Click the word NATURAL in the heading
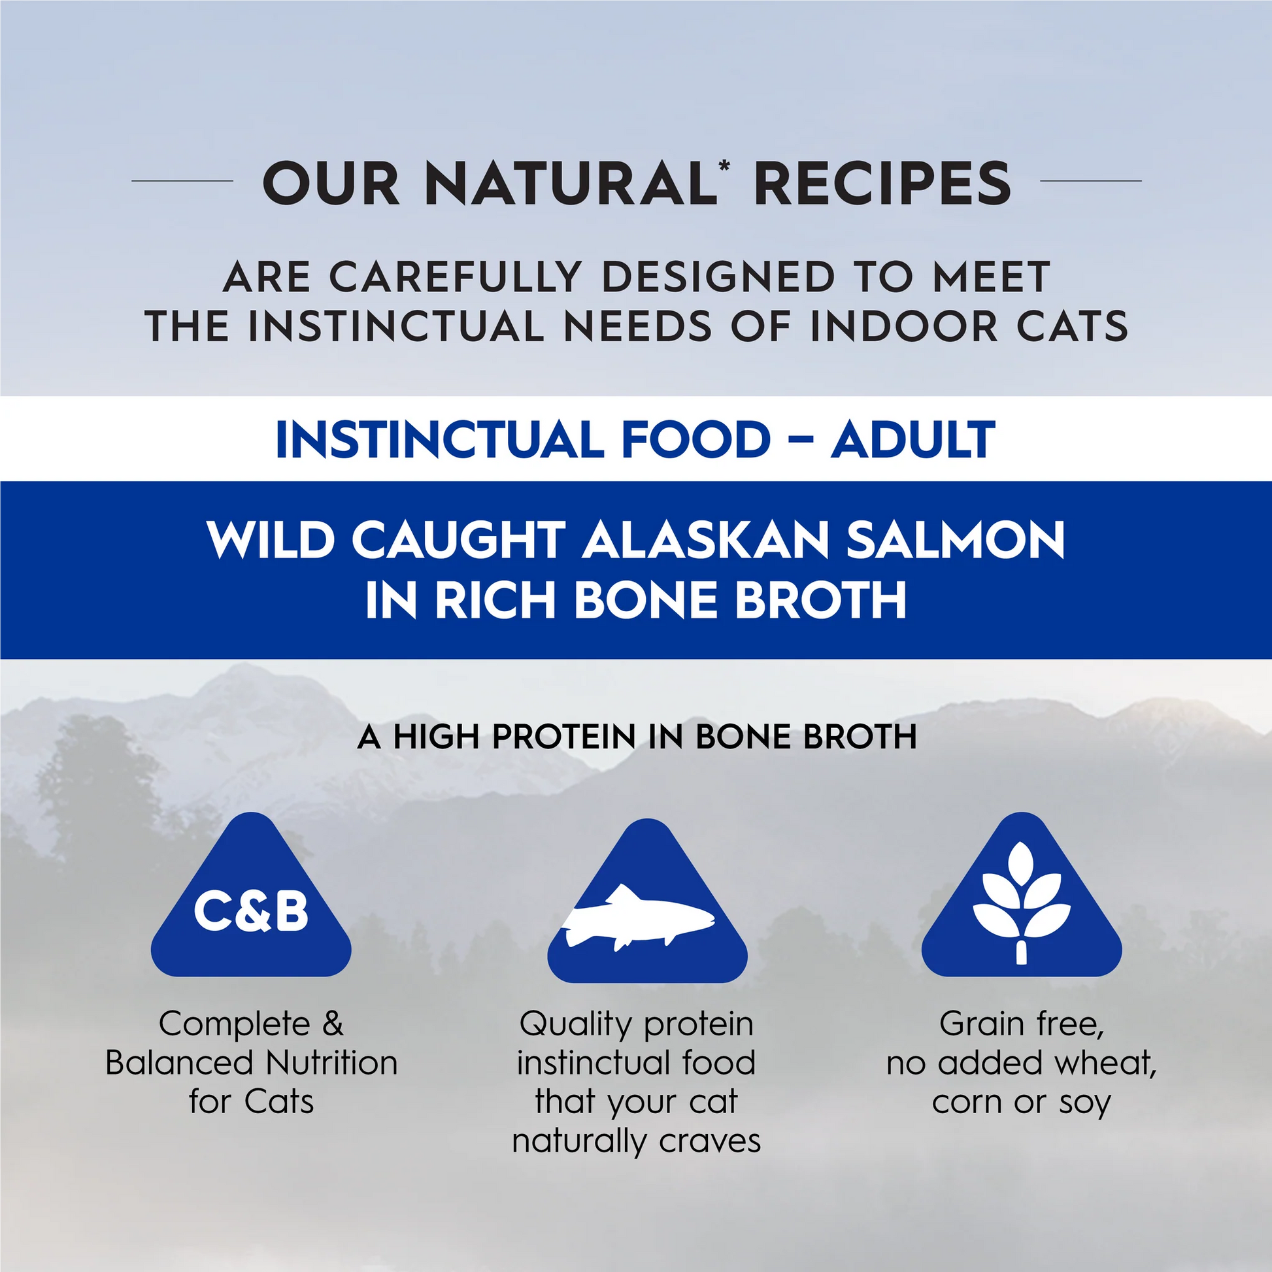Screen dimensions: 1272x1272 click(571, 184)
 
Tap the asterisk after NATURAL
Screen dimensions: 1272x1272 click(724, 166)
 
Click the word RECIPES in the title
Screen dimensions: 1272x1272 click(882, 184)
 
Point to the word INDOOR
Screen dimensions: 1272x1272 click(904, 327)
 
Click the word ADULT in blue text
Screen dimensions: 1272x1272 click(912, 440)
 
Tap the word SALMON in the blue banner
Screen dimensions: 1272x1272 click(956, 541)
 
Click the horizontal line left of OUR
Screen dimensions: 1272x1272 click(182, 180)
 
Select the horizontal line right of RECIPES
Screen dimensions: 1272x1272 click(1090, 180)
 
